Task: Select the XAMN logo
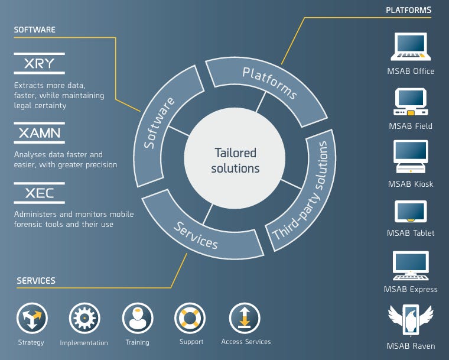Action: click(39, 133)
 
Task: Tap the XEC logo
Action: click(39, 193)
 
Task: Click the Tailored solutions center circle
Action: click(236, 160)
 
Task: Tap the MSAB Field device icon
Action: click(411, 102)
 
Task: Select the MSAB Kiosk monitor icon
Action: click(411, 157)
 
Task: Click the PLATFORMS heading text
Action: click(409, 10)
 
